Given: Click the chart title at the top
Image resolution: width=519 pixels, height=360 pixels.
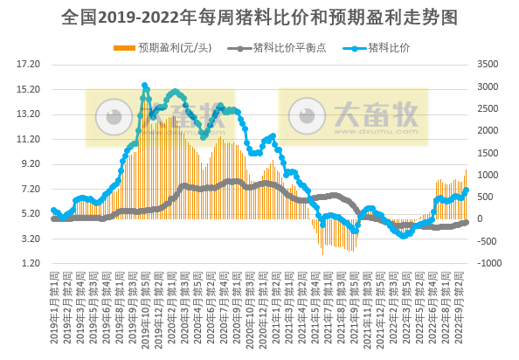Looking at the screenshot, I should point(260,17).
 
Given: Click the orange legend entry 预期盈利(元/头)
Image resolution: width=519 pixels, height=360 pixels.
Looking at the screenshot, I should point(170,46).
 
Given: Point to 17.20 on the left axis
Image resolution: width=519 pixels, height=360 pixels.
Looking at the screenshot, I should point(30,65).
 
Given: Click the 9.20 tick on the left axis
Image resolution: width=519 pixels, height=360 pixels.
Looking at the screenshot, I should point(31,164).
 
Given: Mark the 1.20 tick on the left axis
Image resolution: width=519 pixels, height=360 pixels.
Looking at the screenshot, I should point(31,264).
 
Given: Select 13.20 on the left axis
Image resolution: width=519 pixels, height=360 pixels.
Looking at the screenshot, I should point(30,114).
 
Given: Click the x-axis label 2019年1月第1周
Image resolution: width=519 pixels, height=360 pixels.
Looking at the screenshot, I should point(53,306).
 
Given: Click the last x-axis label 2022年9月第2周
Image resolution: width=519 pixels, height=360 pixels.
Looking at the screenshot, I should point(466,306).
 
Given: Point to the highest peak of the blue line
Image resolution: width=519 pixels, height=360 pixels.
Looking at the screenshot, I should point(144,86).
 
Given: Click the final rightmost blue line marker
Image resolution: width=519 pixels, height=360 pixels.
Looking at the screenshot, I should point(467,190).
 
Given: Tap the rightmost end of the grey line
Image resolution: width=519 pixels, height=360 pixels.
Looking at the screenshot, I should point(467,222).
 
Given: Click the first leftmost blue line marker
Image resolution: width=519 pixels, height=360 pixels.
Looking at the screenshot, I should point(53,210).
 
